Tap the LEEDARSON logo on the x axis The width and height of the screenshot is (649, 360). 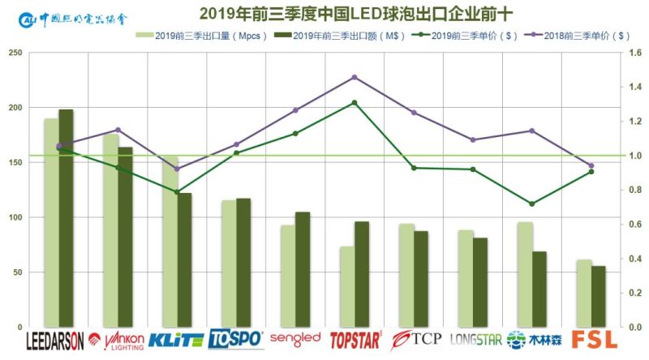55,341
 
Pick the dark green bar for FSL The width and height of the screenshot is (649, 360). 598,296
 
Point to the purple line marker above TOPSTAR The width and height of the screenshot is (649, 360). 355,77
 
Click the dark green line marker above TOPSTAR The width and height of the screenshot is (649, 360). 355,103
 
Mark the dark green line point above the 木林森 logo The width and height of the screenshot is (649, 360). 532,204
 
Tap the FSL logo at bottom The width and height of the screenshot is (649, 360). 594,340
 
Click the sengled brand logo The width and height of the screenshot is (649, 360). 295,339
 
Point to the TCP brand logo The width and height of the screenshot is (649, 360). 415,339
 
